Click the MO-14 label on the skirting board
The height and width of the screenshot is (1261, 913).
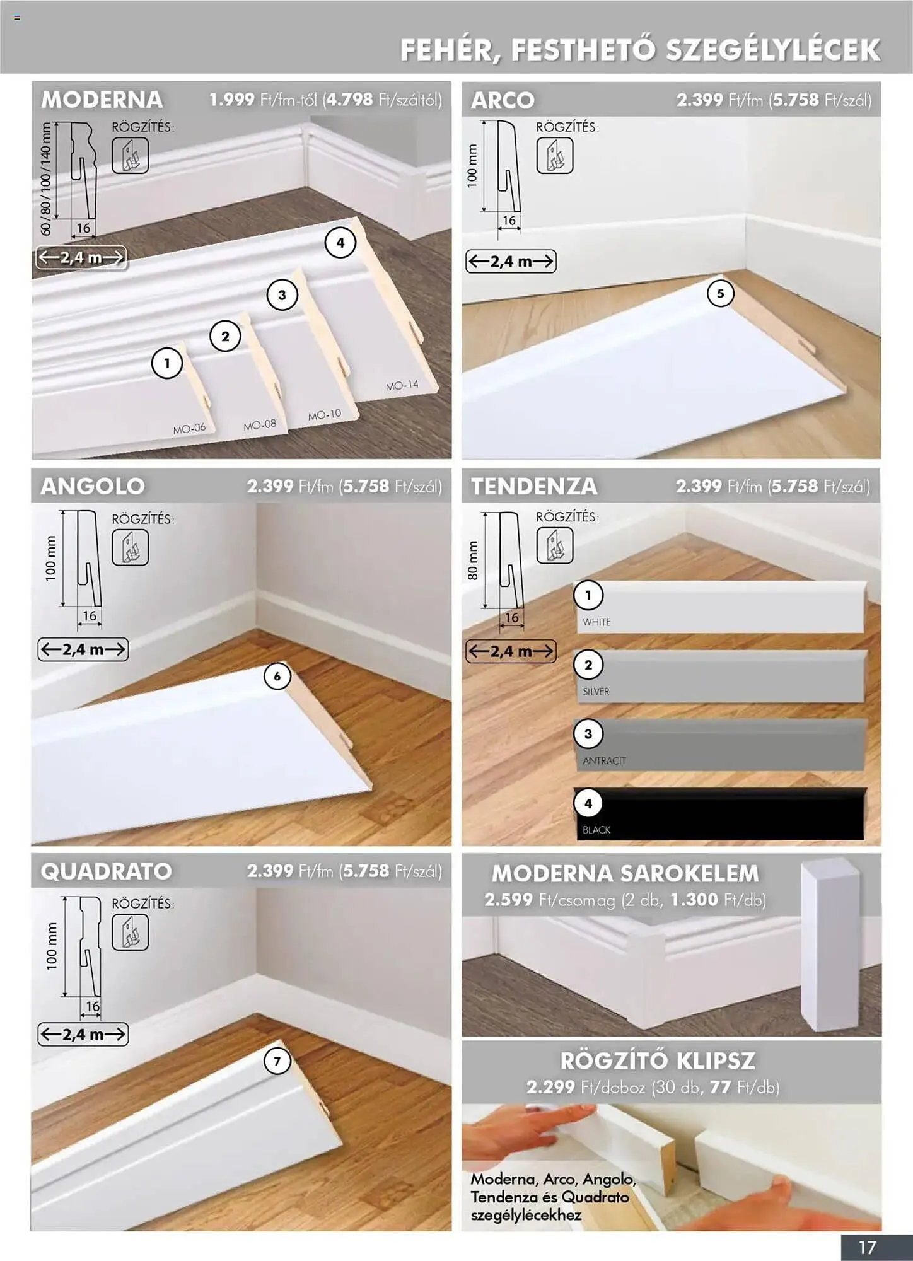click(402, 385)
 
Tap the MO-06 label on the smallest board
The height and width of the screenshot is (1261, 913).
click(189, 428)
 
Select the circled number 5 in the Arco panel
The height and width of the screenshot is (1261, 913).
click(720, 293)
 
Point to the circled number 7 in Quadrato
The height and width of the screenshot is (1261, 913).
click(277, 1061)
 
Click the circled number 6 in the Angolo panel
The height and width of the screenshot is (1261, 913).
click(277, 677)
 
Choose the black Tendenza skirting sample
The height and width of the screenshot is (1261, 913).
click(719, 814)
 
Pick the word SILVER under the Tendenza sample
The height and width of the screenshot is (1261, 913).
click(596, 692)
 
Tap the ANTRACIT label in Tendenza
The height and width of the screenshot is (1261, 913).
click(604, 761)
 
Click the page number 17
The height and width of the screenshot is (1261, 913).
click(868, 1247)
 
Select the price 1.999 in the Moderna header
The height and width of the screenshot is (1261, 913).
click(232, 100)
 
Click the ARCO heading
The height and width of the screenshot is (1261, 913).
click(503, 100)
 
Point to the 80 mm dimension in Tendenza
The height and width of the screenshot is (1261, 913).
click(473, 561)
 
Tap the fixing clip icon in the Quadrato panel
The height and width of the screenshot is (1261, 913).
click(130, 932)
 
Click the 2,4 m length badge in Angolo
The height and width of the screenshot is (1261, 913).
click(83, 649)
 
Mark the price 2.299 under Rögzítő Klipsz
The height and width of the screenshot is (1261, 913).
click(550, 1087)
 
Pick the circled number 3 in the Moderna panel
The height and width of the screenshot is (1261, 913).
click(282, 295)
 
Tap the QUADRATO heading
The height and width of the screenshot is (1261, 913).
click(106, 871)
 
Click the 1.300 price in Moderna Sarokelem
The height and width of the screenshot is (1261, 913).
click(694, 900)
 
